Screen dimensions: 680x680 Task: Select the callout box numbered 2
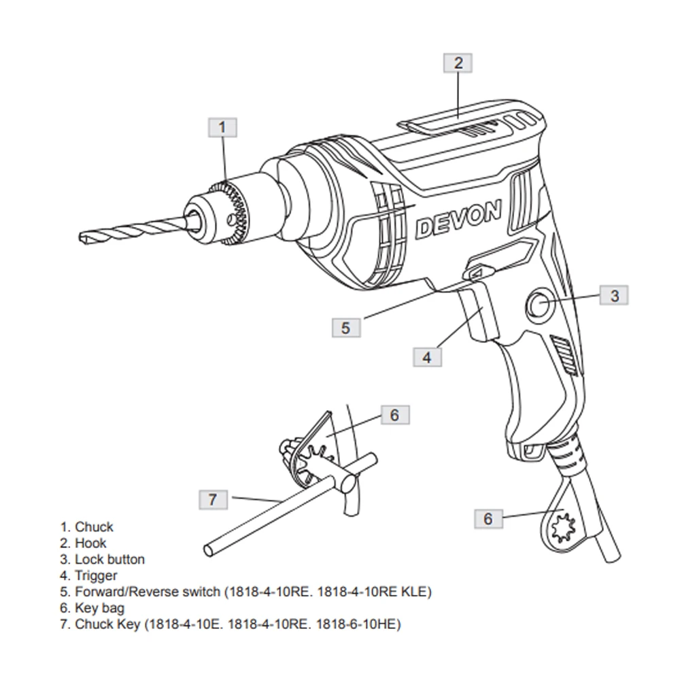click(x=458, y=63)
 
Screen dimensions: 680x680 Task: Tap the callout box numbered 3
click(x=614, y=295)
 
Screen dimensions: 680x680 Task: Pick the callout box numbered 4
click(x=427, y=356)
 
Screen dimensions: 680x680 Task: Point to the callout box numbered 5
click(x=345, y=327)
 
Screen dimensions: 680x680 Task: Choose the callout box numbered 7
click(x=213, y=499)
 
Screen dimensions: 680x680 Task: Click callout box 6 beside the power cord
click(x=488, y=518)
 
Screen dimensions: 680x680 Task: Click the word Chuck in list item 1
click(x=94, y=527)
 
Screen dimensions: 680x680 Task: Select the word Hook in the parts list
click(x=90, y=543)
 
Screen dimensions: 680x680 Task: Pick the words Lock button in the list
click(x=109, y=560)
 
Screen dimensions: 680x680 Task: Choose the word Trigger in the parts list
click(x=96, y=576)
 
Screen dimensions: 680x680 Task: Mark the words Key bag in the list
click(x=99, y=609)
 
